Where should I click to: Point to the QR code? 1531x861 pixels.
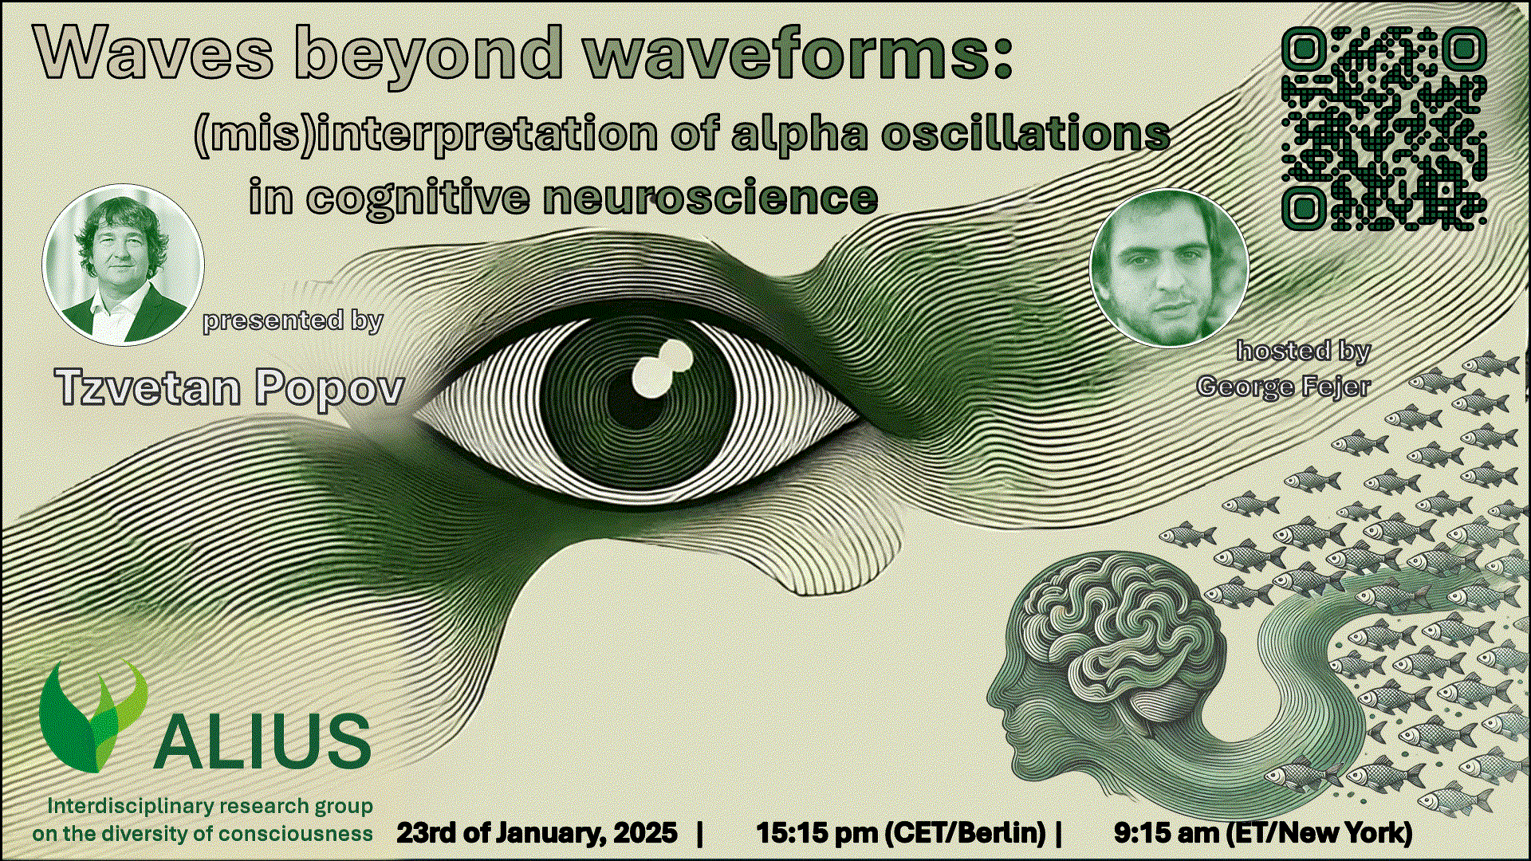point(1384,129)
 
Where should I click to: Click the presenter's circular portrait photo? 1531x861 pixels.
point(124,265)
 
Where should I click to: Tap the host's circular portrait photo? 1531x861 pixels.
point(1169,268)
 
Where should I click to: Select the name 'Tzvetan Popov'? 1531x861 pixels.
point(230,387)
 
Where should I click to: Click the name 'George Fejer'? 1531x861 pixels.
point(1284,387)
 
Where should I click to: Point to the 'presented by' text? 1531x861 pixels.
point(293,320)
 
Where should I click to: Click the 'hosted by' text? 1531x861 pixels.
point(1304,351)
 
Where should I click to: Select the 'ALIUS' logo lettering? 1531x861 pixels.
point(262,741)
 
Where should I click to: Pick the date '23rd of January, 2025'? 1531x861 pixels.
point(537,833)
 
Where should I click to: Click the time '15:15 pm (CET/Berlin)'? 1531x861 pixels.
point(901,833)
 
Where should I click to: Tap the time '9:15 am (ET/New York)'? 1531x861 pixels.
point(1263,833)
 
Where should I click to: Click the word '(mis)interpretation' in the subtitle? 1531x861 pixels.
point(426,135)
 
